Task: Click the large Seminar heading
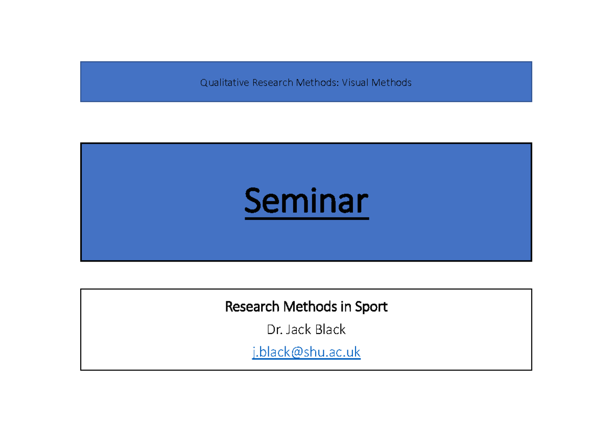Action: (306, 201)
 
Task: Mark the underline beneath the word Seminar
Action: (306, 219)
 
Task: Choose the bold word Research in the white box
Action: (252, 307)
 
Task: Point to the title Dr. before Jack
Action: (274, 330)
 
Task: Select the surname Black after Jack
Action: (330, 330)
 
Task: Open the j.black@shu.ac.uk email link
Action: (306, 352)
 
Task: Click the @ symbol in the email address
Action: (298, 352)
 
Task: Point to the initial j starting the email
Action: (254, 352)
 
